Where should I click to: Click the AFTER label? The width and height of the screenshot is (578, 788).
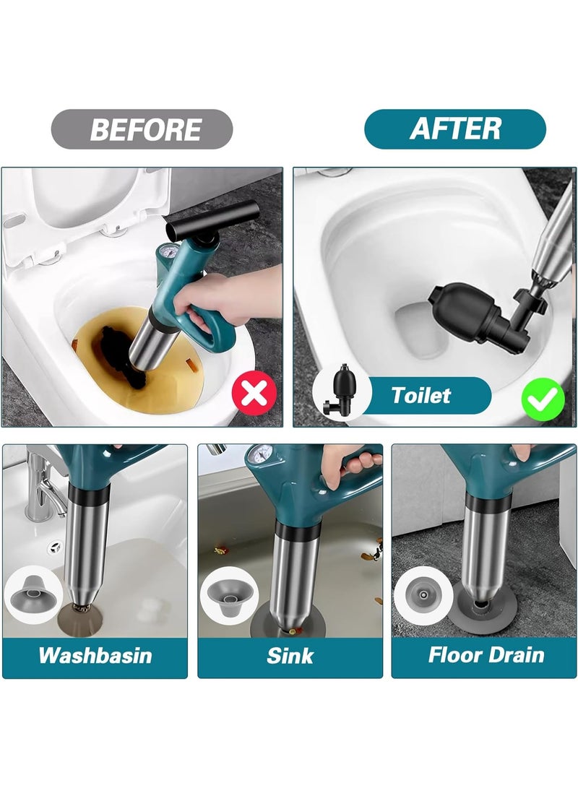coord(455,129)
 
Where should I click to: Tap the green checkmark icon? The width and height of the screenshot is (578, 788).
coord(543,396)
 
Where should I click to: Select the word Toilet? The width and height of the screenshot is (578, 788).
coord(420,395)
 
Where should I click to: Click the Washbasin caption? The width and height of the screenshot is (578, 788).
coord(95,655)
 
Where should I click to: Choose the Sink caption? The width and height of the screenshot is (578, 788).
coord(289,655)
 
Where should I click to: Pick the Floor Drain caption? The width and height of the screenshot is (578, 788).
coord(486,655)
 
